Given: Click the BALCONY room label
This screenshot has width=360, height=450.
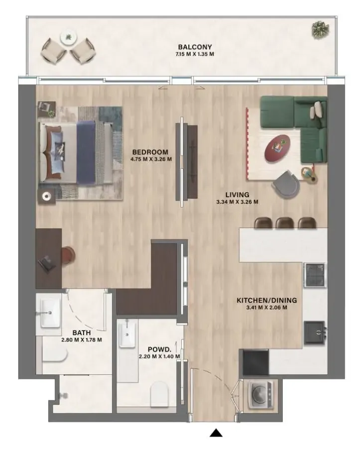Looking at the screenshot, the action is (x=195, y=47).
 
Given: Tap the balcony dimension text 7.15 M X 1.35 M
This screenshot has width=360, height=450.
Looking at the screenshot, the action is (x=195, y=54).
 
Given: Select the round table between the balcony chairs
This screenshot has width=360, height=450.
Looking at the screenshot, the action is (x=69, y=38).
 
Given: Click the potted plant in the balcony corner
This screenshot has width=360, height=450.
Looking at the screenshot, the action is (x=320, y=29).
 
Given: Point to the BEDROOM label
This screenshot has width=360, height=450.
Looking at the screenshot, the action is (x=150, y=152).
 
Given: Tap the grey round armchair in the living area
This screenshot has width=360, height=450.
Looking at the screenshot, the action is (x=286, y=184).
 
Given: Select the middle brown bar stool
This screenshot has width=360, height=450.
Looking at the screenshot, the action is (x=285, y=223).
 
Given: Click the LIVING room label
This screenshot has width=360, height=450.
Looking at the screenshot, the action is (x=237, y=195).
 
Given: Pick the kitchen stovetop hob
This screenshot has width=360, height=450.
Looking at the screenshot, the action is (x=315, y=275).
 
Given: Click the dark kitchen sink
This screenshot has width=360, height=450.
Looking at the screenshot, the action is (x=315, y=333).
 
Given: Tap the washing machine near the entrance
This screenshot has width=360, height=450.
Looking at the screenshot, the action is (x=261, y=394).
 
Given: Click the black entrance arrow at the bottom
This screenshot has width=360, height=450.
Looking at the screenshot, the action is (x=216, y=433).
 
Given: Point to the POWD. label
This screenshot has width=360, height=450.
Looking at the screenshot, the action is (x=159, y=349).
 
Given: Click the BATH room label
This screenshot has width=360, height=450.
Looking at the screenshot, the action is (x=82, y=333).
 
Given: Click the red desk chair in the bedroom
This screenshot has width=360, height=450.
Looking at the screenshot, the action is (x=68, y=255).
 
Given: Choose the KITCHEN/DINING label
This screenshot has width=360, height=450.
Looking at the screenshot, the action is (x=267, y=301).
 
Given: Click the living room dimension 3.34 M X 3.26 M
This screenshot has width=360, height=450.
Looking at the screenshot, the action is (x=237, y=202).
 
